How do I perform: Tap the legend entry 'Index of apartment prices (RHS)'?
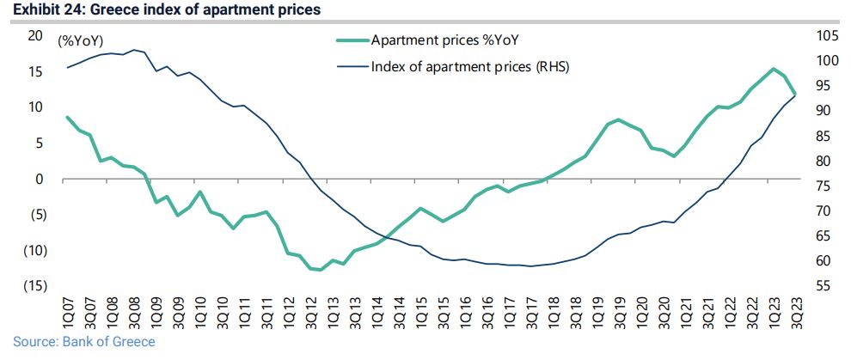pyautogui.click(x=470, y=66)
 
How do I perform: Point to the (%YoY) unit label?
pyautogui.click(x=81, y=40)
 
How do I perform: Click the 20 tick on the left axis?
pyautogui.click(x=35, y=35)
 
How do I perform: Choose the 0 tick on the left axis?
pyautogui.click(x=39, y=179)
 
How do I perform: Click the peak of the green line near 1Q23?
pyautogui.click(x=773, y=69)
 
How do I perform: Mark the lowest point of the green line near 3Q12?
pyautogui.click(x=320, y=270)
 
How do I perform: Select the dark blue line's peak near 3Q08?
pyautogui.click(x=134, y=50)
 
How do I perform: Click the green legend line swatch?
pyautogui.click(x=352, y=40)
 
